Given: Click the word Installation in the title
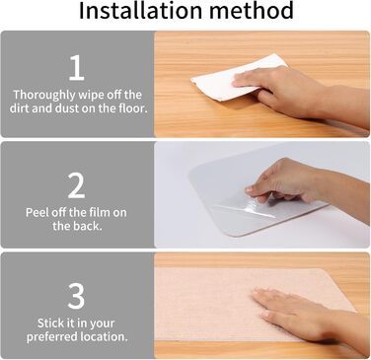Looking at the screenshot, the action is (141, 10).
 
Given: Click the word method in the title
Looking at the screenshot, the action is (252, 10).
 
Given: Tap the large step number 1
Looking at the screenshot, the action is (76, 67).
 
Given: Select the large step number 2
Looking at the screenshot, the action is (76, 185).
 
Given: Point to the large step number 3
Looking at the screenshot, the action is (76, 296).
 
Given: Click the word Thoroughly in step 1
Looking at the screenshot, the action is (44, 95).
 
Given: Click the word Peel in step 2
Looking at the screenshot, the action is (36, 212).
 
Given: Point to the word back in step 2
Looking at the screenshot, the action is (87, 226).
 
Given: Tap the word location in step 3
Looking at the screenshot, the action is (109, 336).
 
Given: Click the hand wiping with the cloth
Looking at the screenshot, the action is (296, 94).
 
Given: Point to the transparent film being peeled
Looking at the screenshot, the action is (250, 205).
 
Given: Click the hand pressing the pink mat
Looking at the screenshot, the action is (303, 316).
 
